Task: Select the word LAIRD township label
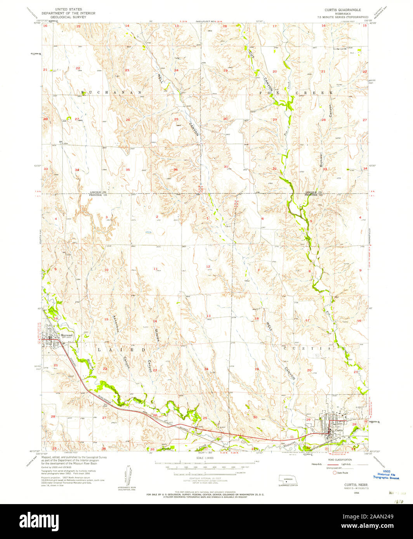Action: coord(121,349)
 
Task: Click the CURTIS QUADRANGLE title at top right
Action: coord(343,9)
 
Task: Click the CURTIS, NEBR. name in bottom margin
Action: coord(356,485)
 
